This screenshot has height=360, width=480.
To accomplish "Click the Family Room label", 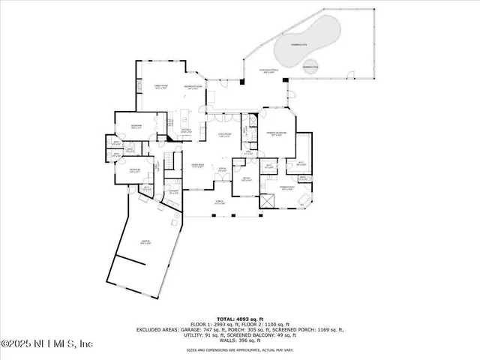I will click(160, 88).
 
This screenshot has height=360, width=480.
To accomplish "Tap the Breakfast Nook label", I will click(193, 88).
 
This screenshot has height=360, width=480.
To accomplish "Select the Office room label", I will click(246, 179).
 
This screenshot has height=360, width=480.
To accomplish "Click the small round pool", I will click(309, 67).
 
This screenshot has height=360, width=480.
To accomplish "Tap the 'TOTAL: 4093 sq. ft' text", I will click(238, 319).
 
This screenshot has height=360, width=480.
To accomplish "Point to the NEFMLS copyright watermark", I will click(46, 344).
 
